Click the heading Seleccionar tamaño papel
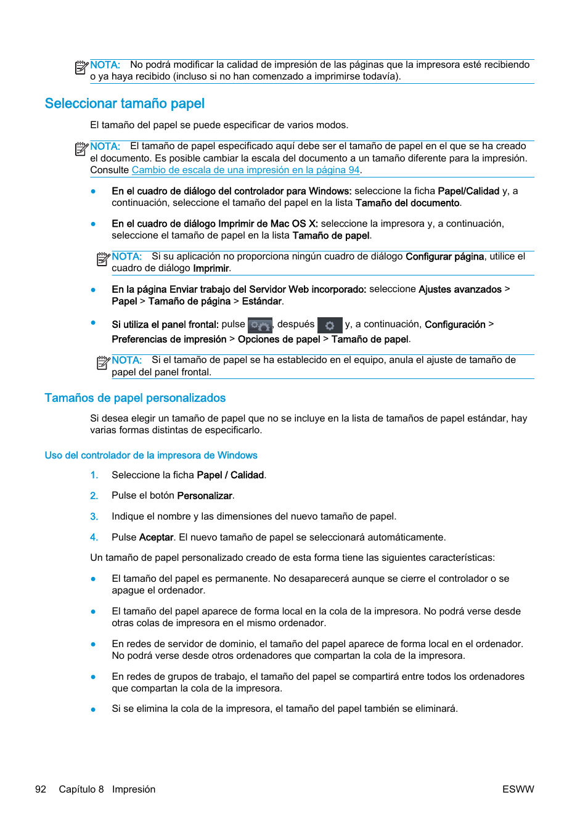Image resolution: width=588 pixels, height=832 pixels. click(x=125, y=104)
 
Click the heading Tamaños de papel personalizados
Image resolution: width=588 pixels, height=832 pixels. click(x=135, y=398)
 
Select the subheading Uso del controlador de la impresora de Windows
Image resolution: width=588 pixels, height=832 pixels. click(x=151, y=455)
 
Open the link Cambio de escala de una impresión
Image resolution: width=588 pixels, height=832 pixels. click(x=245, y=170)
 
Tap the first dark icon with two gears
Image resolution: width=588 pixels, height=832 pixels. click(x=259, y=325)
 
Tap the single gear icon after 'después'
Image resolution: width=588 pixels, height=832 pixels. click(x=330, y=325)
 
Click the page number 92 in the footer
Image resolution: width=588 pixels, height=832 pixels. click(x=41, y=789)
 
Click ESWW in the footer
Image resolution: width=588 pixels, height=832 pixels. click(x=518, y=789)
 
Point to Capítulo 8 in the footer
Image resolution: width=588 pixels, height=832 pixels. click(x=81, y=789)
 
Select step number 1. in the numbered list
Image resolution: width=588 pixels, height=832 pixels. click(x=94, y=475)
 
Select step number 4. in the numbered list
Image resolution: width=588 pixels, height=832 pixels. click(x=94, y=537)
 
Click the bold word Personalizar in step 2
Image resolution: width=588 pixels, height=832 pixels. click(x=205, y=496)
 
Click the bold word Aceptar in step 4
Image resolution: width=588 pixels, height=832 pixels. click(x=156, y=537)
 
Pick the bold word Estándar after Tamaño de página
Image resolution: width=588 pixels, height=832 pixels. click(x=262, y=301)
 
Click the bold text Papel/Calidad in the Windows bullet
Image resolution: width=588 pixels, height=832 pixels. click(x=468, y=191)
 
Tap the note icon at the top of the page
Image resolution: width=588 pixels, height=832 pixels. click(x=81, y=67)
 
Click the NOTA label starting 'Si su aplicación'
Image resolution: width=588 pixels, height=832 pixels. click(x=127, y=256)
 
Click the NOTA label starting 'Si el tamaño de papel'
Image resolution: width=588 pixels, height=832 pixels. click(x=127, y=360)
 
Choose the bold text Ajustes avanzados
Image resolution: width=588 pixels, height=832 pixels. click(x=460, y=290)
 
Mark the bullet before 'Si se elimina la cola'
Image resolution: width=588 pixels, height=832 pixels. click(x=93, y=709)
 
